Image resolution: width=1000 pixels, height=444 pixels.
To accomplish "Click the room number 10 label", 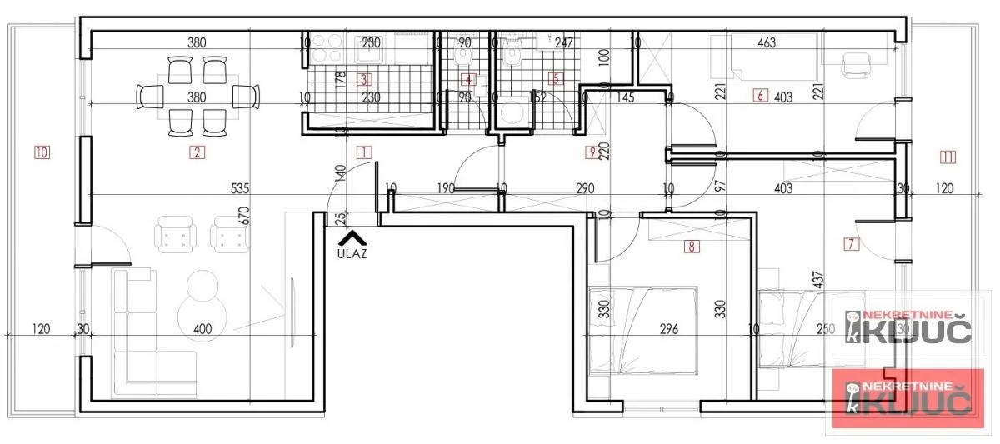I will click(x=42, y=152).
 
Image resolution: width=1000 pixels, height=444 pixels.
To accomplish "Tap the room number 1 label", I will click(x=362, y=152).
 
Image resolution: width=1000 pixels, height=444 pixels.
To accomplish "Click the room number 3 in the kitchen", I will click(x=363, y=80).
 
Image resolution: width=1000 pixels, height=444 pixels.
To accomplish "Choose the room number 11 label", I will click(x=947, y=156).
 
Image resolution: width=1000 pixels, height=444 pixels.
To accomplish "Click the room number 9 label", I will click(x=592, y=152).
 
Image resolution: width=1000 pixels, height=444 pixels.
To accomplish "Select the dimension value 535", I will click(x=240, y=189).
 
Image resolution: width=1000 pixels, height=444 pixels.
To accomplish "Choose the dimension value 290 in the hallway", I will click(x=585, y=189).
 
